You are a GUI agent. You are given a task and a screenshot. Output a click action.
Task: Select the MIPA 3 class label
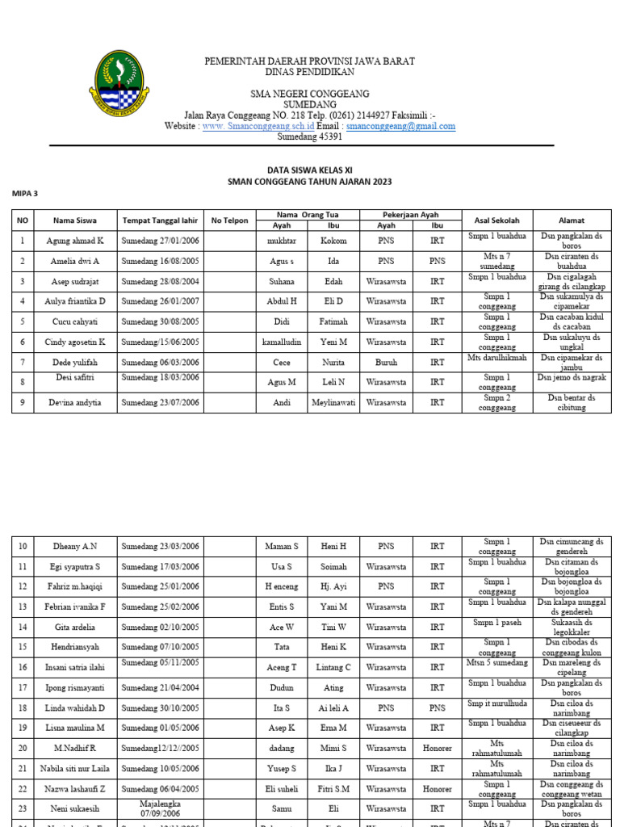[24, 194]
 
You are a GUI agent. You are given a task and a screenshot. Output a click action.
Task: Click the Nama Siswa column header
[75, 220]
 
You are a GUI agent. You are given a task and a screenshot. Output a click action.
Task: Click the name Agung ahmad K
[75, 241]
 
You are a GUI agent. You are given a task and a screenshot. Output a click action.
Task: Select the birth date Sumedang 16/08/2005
[160, 261]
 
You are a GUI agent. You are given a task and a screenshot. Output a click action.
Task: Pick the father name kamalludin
[282, 342]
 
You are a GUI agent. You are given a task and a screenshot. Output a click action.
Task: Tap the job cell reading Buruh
[386, 363]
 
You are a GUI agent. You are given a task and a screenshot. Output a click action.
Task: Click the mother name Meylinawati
[333, 402]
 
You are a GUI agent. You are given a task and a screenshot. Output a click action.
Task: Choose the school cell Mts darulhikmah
[496, 357]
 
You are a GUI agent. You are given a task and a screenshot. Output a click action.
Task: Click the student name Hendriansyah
[75, 647]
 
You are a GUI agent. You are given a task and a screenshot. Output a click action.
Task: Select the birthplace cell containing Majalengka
[160, 804]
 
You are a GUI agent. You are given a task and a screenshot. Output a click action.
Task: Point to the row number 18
[23, 707]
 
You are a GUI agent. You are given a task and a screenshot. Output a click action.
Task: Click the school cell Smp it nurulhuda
[496, 703]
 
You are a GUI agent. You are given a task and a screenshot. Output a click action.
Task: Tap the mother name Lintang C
[333, 667]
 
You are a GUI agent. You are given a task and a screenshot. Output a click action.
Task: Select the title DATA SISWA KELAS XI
[309, 170]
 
